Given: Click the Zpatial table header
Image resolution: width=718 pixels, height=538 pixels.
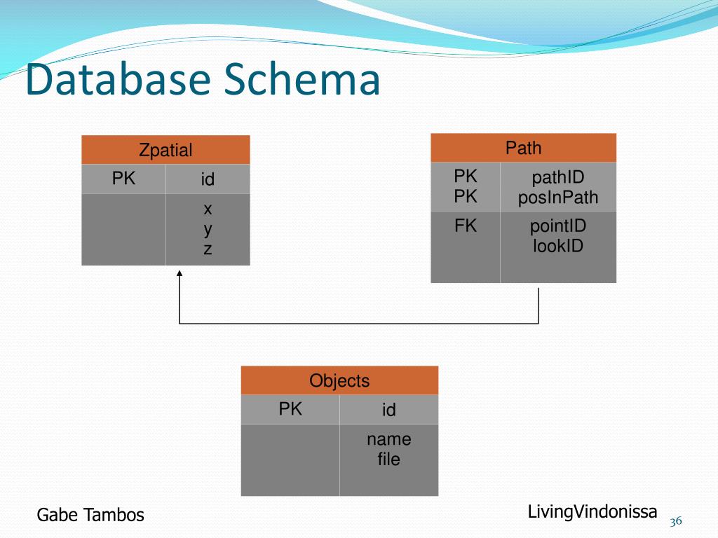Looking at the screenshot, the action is [x=165, y=150].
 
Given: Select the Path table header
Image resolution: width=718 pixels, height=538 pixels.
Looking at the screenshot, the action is [x=523, y=148].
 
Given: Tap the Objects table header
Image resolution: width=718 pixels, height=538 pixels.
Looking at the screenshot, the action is [x=339, y=380].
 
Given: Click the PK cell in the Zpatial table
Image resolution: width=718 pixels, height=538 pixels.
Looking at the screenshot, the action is [x=123, y=179].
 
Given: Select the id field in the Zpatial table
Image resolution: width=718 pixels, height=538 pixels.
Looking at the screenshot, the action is [x=208, y=179].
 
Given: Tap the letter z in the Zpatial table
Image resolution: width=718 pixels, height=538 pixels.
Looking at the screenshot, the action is [x=208, y=249].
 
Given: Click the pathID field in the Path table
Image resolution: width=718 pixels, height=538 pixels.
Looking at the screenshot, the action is [x=557, y=177].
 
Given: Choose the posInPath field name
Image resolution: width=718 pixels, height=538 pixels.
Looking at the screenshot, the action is [x=557, y=198].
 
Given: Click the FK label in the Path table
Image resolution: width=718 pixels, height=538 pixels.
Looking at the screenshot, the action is [x=466, y=226].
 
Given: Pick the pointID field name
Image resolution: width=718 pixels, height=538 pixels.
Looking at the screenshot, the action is [x=557, y=226].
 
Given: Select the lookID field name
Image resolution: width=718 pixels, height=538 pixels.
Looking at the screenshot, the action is [x=557, y=246].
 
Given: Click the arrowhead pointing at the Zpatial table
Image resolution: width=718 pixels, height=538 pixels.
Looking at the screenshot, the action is [x=179, y=273].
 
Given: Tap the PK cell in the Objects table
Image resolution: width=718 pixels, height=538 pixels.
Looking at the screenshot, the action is [x=290, y=408].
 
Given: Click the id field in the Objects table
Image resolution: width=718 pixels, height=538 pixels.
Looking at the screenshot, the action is [x=388, y=409].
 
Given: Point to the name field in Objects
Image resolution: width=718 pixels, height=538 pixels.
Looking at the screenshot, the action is [x=388, y=440].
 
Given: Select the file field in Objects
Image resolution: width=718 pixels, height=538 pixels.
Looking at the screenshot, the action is [x=388, y=459].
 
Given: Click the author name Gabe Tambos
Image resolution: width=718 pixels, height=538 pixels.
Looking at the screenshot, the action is [x=90, y=515].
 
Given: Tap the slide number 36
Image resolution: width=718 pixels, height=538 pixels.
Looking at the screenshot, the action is [x=676, y=521].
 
